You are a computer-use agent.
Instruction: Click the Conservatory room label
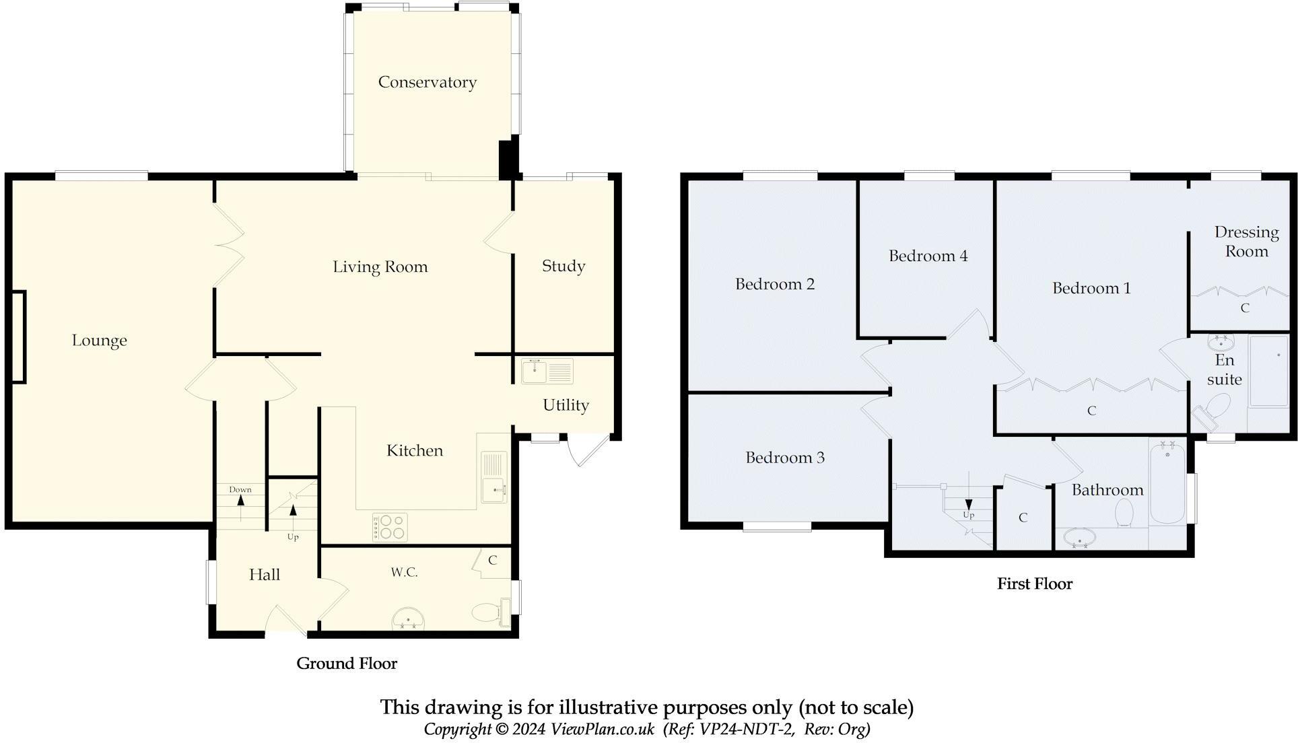pyautogui.click(x=427, y=82)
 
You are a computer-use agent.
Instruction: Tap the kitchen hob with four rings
pyautogui.click(x=390, y=527)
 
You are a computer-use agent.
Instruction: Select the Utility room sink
pyautogui.click(x=547, y=371)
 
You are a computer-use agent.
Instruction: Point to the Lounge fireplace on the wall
pyautogui.click(x=18, y=337)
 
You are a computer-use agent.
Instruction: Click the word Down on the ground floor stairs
pyautogui.click(x=240, y=489)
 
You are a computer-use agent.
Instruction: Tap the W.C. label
pyautogui.click(x=404, y=572)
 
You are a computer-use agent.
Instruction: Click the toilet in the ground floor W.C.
pyautogui.click(x=490, y=612)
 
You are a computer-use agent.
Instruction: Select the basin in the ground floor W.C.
pyautogui.click(x=409, y=618)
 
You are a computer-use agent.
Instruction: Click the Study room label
pyautogui.click(x=563, y=266)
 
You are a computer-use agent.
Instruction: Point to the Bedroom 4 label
pyautogui.click(x=928, y=256)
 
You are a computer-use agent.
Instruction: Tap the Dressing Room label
pyautogui.click(x=1246, y=242)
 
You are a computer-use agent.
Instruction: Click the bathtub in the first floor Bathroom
pyautogui.click(x=1168, y=481)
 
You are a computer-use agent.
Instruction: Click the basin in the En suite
pyautogui.click(x=1221, y=343)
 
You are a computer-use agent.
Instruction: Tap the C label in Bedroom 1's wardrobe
pyautogui.click(x=1091, y=411)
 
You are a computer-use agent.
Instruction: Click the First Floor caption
pyautogui.click(x=1034, y=583)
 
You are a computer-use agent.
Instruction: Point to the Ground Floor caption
pyautogui.click(x=347, y=664)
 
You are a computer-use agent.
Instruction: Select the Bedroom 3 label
pyautogui.click(x=784, y=458)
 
